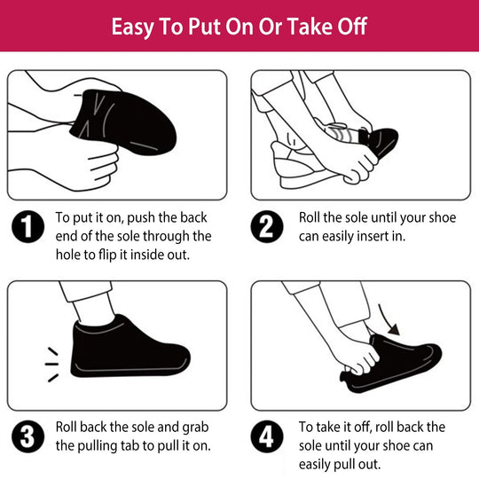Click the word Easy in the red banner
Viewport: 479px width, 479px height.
click(x=135, y=26)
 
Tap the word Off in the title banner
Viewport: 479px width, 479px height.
click(x=349, y=26)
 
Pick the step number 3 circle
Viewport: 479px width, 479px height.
click(x=27, y=436)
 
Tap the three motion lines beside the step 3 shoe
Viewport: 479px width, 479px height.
click(x=51, y=364)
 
